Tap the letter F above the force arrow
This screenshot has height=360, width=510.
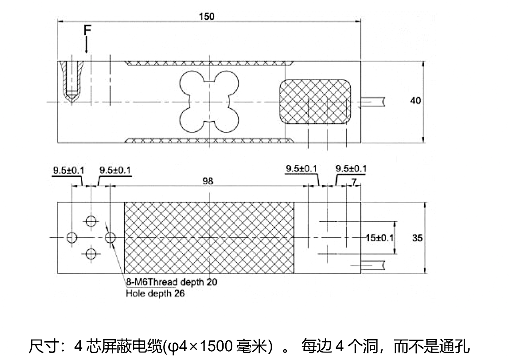pyautogui.click(x=87, y=30)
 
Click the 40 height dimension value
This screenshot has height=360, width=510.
pyautogui.click(x=415, y=101)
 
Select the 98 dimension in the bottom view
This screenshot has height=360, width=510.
pyautogui.click(x=207, y=181)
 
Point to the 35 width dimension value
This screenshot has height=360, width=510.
pyautogui.click(x=417, y=238)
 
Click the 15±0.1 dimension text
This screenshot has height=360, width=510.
pyautogui.click(x=379, y=238)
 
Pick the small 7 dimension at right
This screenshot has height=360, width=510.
pyautogui.click(x=354, y=181)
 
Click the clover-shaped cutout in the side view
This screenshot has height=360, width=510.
pyautogui.click(x=208, y=102)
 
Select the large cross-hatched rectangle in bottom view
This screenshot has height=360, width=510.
pyautogui.click(x=209, y=238)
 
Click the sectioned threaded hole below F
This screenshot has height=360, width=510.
pyautogui.click(x=72, y=81)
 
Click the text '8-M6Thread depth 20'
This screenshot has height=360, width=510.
pyautogui.click(x=172, y=282)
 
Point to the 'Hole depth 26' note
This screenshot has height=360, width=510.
pyautogui.click(x=155, y=294)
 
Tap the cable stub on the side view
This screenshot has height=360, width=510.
pyautogui.click(x=373, y=101)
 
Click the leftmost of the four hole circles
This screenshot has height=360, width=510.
pyautogui.click(x=72, y=237)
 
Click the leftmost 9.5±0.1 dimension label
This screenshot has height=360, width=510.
pyautogui.click(x=69, y=170)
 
